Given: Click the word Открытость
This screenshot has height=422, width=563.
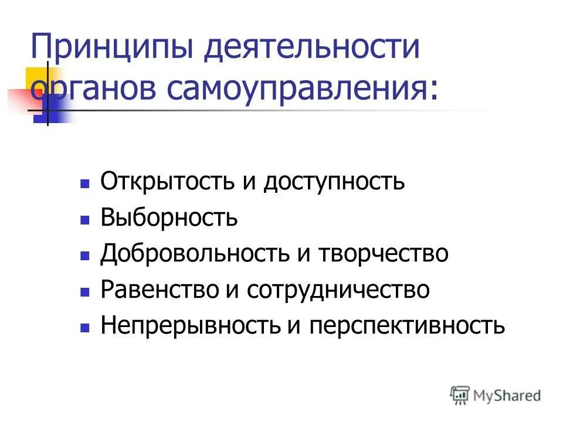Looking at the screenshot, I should [167, 182].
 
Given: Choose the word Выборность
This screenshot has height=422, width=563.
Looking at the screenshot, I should [169, 218].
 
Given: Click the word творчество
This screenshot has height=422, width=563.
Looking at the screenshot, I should [384, 254].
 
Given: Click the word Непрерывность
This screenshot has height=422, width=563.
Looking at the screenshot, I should [190, 325].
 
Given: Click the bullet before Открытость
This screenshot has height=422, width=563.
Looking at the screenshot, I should [84, 184].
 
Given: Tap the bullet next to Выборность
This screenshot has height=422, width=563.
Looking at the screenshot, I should [84, 220].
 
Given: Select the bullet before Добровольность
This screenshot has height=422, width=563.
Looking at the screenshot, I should [84, 256].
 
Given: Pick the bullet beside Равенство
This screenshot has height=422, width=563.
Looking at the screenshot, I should [84, 292].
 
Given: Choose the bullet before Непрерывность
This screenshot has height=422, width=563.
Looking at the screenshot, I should [84, 328].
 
